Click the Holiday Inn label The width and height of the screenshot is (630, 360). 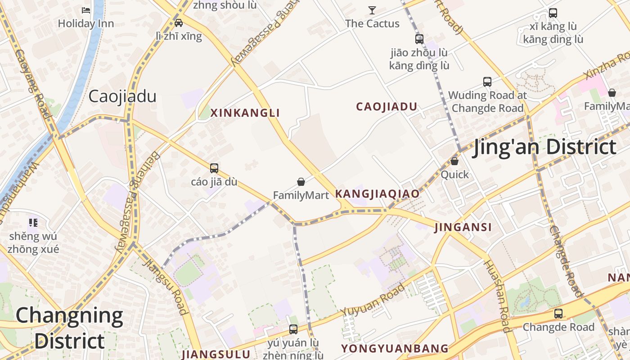[85, 23]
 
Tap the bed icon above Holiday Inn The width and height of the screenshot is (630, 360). [85, 10]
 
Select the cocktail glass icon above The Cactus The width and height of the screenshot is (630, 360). [372, 10]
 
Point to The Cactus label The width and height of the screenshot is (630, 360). [372, 23]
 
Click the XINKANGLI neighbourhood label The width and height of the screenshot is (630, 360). [245, 113]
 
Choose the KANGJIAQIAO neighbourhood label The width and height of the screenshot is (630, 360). [377, 194]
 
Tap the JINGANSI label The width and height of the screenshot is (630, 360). [463, 227]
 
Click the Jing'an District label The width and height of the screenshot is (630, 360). [544, 148]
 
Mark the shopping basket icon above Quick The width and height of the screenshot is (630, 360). [454, 161]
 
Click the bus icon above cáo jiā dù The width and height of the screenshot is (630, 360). [214, 168]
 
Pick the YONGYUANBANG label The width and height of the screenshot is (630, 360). [395, 349]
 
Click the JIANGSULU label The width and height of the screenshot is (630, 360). [216, 354]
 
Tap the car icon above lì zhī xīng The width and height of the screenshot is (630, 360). [179, 23]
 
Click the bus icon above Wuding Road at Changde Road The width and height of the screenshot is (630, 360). [487, 82]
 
